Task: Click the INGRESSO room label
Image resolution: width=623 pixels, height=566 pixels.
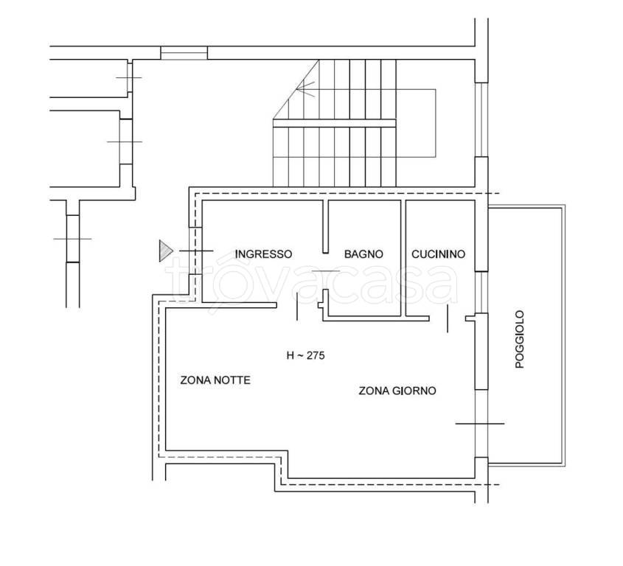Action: coord(263,254)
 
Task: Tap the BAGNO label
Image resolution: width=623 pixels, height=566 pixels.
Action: coord(363,254)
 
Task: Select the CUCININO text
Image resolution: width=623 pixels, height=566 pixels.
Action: coord(438,254)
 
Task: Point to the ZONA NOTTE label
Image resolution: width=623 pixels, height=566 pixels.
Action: coord(215,380)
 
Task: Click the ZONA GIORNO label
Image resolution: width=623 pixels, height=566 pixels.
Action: coord(397,391)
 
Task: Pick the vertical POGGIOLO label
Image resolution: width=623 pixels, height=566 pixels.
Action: coord(520,339)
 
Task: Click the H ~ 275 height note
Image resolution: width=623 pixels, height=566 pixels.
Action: coord(305,355)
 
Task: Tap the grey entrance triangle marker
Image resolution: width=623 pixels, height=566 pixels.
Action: coord(166,251)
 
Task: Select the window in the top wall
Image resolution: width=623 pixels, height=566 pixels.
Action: coord(184,53)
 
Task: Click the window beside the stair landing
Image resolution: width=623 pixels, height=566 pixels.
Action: coord(481,119)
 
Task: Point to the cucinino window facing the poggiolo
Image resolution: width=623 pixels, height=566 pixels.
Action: coord(481,293)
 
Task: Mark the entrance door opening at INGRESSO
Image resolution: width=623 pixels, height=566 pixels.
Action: coord(195,251)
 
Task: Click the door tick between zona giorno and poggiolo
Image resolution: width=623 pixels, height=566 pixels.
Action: coord(480,424)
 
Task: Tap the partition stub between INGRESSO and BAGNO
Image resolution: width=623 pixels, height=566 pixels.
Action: coord(325,226)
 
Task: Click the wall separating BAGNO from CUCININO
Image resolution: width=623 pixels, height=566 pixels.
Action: coord(403,258)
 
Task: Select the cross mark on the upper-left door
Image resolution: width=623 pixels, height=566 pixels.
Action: coord(128,78)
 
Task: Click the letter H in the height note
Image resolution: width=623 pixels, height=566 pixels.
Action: coord(290,355)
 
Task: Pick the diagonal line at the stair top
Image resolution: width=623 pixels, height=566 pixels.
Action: coord(296,89)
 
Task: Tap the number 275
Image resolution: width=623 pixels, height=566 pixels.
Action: coord(316,355)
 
